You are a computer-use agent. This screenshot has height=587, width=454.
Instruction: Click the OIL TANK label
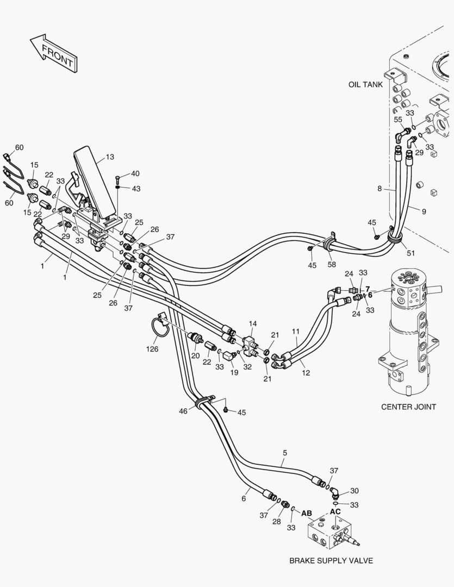[365, 85]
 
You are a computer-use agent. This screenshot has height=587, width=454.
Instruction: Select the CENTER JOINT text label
[408, 407]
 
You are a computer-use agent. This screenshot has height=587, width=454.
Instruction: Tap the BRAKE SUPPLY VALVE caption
[331, 560]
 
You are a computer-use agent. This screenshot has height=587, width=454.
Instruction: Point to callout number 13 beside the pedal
[109, 157]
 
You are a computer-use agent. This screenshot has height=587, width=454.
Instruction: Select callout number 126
[152, 349]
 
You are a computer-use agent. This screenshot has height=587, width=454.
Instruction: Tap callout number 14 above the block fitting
[252, 323]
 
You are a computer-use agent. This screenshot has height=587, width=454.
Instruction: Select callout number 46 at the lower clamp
[183, 411]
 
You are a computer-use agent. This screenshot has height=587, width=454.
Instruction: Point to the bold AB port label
[307, 513]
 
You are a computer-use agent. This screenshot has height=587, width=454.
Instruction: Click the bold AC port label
[335, 511]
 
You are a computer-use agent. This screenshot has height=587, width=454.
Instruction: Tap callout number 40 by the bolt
[135, 173]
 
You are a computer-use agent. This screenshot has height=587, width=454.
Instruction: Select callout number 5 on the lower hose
[285, 452]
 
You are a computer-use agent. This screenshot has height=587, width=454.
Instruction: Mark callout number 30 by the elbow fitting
[354, 490]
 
